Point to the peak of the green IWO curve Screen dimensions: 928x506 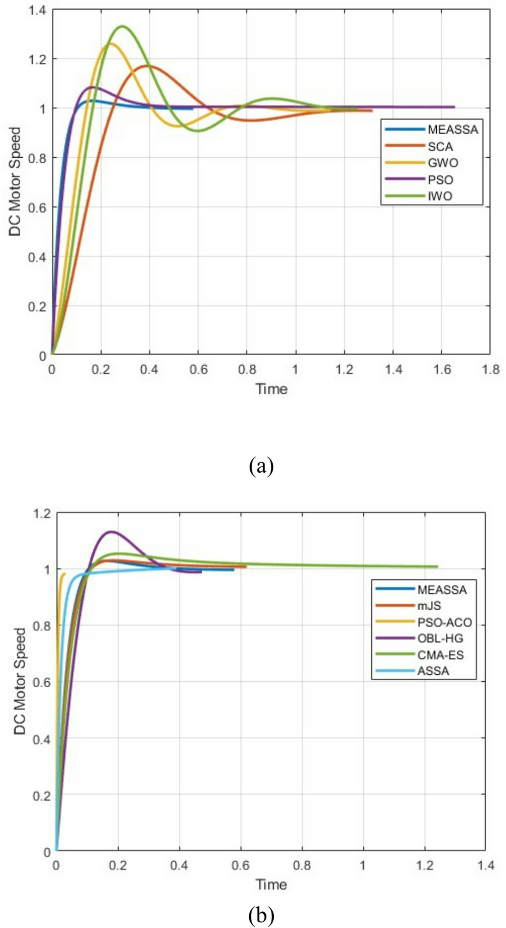[x=123, y=26]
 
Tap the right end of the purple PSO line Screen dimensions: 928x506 [x=454, y=107]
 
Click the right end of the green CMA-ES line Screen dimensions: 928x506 [x=437, y=566]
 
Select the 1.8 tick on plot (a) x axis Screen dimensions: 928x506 [x=490, y=369]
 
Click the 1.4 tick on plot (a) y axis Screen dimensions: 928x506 [x=38, y=9]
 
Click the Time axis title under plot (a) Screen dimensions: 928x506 [x=271, y=389]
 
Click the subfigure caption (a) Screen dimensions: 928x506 [x=261, y=466]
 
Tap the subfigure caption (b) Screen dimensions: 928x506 [x=261, y=913]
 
